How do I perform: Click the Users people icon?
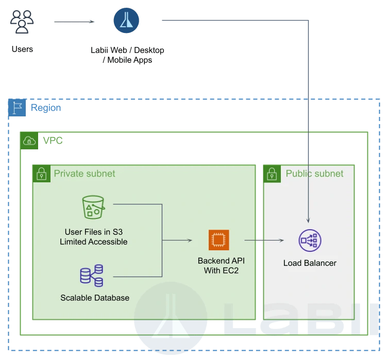pyautogui.click(x=22, y=22)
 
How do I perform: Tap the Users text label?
pyautogui.click(x=22, y=49)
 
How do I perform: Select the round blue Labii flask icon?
pyautogui.click(x=126, y=20)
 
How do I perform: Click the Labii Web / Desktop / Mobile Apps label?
pyautogui.click(x=127, y=55)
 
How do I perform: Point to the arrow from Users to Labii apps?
pyautogui.click(x=74, y=22)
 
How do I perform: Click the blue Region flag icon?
pyautogui.click(x=17, y=108)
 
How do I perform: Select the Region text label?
pyautogui.click(x=46, y=108)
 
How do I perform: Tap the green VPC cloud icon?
pyautogui.click(x=29, y=141)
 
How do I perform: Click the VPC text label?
pyautogui.click(x=53, y=141)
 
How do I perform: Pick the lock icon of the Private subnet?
pyautogui.click(x=42, y=174)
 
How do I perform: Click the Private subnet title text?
pyautogui.click(x=85, y=174)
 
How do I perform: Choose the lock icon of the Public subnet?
pyautogui.click(x=272, y=174)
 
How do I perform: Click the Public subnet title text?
pyautogui.click(x=314, y=174)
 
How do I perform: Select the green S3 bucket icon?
pyautogui.click(x=93, y=207)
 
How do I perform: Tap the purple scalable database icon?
pyautogui.click(x=92, y=276)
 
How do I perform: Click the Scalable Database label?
pyautogui.click(x=95, y=298)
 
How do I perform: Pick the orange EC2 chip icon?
pyautogui.click(x=219, y=240)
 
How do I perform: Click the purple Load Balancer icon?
pyautogui.click(x=310, y=241)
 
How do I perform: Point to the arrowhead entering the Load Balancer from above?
pyautogui.click(x=308, y=221)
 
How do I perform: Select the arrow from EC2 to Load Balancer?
pyautogui.click(x=264, y=240)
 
